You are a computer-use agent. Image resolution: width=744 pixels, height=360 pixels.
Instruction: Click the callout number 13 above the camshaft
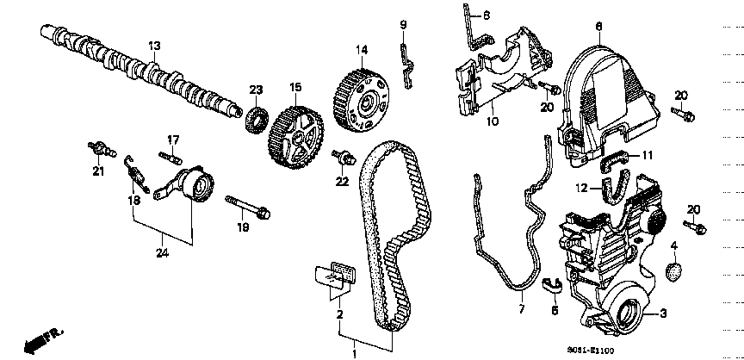tap(154, 45)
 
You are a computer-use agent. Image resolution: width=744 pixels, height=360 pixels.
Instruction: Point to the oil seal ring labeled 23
tap(256, 117)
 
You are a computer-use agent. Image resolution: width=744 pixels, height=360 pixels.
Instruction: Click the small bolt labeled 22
tap(346, 157)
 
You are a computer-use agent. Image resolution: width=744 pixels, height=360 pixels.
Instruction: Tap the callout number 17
tap(172, 139)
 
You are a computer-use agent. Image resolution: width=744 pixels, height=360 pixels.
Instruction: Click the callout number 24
tap(162, 252)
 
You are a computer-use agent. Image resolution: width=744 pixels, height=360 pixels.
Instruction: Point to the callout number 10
tap(493, 121)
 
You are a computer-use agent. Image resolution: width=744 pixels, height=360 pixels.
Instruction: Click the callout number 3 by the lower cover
tap(662, 313)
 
